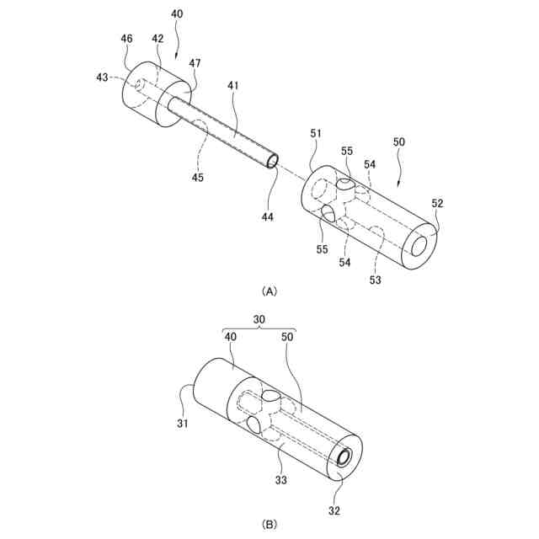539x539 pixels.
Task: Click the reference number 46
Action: tap(126, 39)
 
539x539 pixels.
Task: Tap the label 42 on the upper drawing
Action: tap(157, 39)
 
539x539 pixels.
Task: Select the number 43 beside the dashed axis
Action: tap(103, 77)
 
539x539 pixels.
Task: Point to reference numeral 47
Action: tap(195, 63)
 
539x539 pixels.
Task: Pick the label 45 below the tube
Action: tap(197, 178)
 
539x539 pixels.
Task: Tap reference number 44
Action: tap(267, 217)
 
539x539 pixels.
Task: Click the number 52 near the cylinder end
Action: tap(438, 203)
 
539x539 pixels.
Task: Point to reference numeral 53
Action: tap(374, 280)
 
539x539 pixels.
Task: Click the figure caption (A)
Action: tap(269, 291)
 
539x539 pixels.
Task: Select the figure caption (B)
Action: tap(269, 524)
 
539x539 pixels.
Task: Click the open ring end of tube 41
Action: tap(271, 160)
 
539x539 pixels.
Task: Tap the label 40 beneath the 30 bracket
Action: tap(230, 336)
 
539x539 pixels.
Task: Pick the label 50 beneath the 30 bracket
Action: tap(288, 336)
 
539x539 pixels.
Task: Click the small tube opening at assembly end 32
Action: tap(344, 458)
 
